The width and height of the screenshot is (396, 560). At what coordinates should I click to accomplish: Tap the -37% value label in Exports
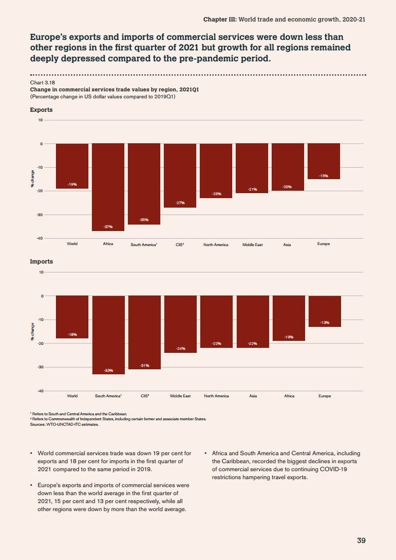[108, 227]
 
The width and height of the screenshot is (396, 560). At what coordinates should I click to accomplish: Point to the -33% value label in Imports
[108, 370]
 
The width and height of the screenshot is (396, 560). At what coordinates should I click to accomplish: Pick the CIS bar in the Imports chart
[145, 332]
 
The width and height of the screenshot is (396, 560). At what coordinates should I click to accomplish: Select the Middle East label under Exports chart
[252, 245]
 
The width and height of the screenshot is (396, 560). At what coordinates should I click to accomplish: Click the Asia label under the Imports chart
[253, 396]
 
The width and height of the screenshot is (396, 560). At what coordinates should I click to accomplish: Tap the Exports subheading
[41, 110]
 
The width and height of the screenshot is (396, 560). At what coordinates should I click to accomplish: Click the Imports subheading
[41, 262]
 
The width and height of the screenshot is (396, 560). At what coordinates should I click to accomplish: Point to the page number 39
[362, 541]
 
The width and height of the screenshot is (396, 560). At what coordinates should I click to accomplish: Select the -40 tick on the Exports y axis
[39, 239]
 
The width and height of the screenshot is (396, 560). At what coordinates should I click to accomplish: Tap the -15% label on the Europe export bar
[324, 176]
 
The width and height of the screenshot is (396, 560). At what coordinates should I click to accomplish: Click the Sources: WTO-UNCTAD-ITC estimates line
[64, 425]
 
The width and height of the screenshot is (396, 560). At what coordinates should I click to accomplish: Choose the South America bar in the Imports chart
[108, 334]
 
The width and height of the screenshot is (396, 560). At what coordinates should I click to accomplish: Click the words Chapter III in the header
[220, 19]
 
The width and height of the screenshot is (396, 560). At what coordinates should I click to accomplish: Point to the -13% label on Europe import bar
[325, 322]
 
